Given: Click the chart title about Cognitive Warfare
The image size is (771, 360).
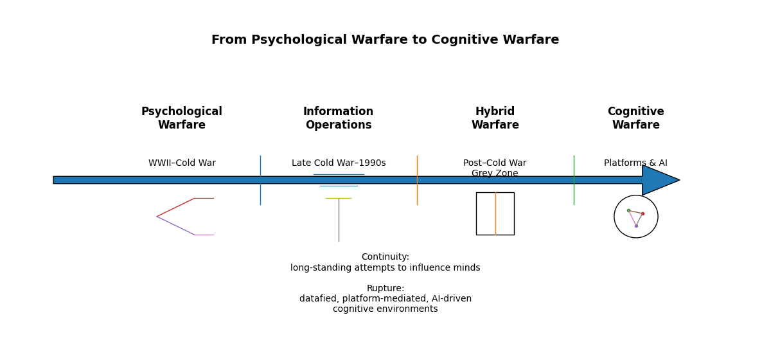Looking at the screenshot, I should (385, 40).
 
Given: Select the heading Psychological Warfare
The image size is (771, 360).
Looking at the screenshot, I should (182, 118).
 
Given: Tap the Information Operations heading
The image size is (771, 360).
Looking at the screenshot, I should (338, 118).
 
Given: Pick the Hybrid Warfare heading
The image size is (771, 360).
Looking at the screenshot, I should (495, 118).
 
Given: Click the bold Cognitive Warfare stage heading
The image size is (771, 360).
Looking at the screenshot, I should (635, 118).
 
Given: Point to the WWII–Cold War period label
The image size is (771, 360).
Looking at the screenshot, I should (182, 163).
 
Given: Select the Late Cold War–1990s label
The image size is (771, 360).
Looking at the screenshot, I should (339, 163).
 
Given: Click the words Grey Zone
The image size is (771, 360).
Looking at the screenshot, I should (495, 174).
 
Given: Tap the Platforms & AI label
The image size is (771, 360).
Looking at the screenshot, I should (635, 163).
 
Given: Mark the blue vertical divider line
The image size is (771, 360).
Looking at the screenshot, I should (260, 193).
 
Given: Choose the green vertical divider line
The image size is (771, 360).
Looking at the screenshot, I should (574, 193).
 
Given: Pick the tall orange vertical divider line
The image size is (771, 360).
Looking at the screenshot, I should (417, 193).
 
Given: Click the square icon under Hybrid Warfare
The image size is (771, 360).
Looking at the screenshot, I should (486, 213).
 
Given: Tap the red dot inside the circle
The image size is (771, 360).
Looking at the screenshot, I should (642, 213).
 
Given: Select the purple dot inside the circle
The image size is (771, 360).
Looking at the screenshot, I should (636, 226).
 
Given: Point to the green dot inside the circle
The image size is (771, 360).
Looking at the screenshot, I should (628, 210).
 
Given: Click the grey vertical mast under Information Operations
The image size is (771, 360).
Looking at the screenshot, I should (339, 222).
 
